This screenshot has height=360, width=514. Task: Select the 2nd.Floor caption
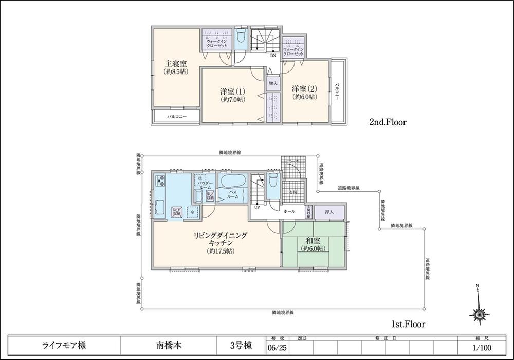coord(388,122)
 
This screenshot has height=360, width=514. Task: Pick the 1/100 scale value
coord(483,348)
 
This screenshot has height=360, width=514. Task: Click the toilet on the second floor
coord(241,38)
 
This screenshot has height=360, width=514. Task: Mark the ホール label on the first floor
coord(289,211)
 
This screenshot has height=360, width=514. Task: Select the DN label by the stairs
coord(273,55)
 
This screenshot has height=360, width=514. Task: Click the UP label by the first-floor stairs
coord(255,207)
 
